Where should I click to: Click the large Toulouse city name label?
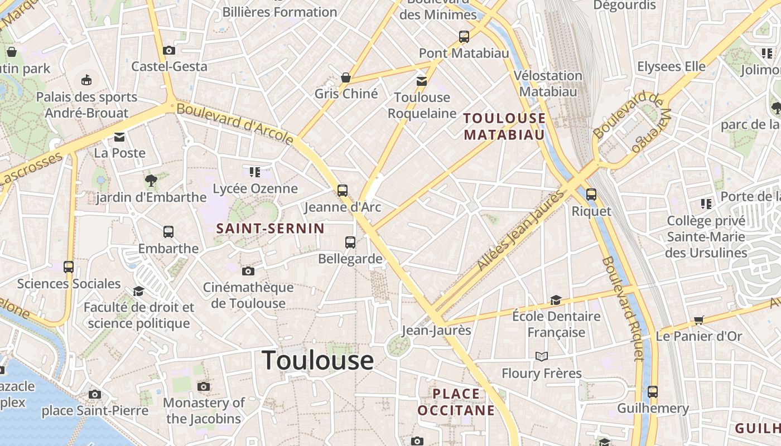[x=317, y=360]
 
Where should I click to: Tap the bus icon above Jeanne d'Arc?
[x=343, y=191]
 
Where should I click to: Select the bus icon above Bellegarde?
[x=350, y=243]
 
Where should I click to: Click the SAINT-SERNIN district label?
[x=270, y=228]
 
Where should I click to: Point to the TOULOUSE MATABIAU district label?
[x=504, y=126]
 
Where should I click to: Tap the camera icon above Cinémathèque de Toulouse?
[x=248, y=272]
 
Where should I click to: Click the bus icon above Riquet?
[x=591, y=195]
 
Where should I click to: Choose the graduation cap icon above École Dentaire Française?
[x=556, y=300]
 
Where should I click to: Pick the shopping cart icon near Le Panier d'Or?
[x=699, y=320]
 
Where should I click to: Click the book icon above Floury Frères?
[x=541, y=356]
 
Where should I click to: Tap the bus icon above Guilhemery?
[x=653, y=392]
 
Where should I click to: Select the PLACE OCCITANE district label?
[x=456, y=402]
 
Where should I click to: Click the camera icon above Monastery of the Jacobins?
[x=204, y=387]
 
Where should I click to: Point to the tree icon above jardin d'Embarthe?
[x=151, y=180]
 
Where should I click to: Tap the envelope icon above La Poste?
[x=119, y=137]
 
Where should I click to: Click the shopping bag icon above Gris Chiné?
[x=346, y=77]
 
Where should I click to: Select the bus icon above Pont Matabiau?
[x=464, y=37]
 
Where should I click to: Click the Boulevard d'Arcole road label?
[x=235, y=123]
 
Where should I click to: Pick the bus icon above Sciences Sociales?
[x=69, y=267]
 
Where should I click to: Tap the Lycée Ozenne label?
[x=255, y=188]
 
